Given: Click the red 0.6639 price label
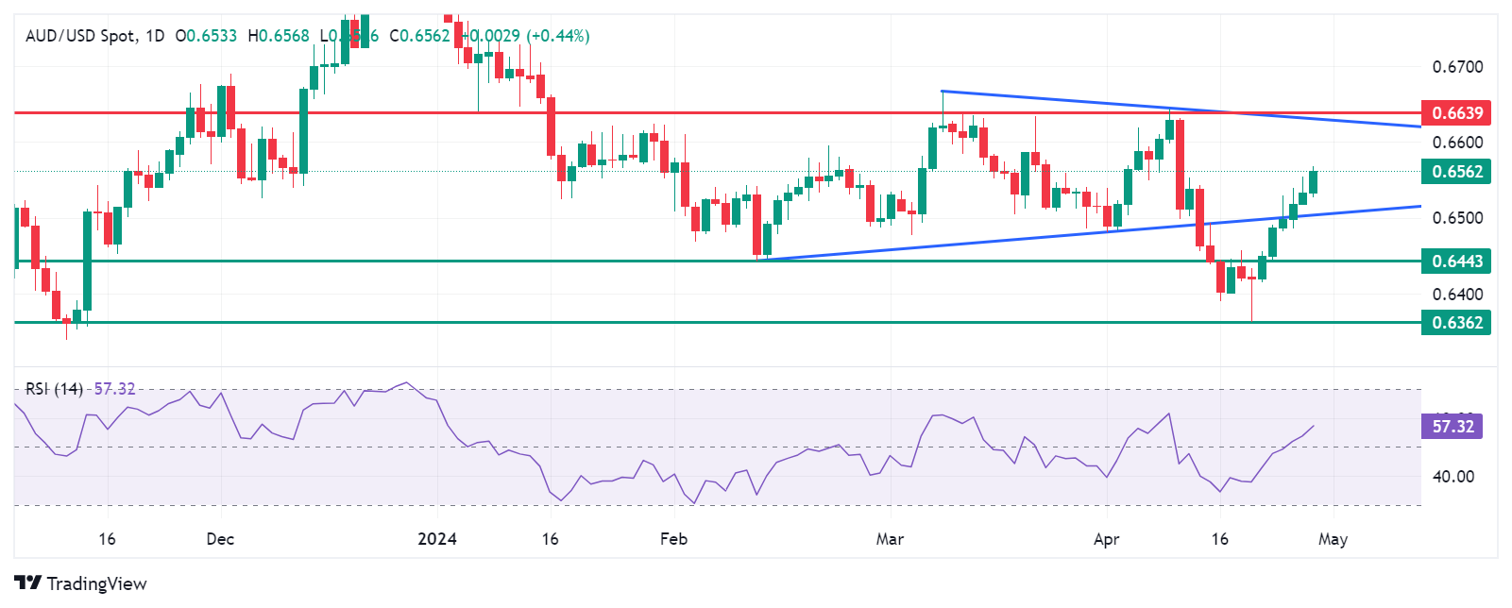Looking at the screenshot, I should [x=1457, y=113].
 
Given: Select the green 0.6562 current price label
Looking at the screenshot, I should [x=1457, y=172].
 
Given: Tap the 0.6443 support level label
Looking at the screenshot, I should [x=1457, y=262].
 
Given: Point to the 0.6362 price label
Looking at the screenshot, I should [x=1457, y=323].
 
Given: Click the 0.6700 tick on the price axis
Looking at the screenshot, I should [x=1457, y=67].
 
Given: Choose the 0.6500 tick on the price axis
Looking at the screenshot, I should [x=1457, y=218].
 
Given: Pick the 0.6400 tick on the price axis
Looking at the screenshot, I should [x=1457, y=295].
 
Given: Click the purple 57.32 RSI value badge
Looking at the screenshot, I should [x=1452, y=427].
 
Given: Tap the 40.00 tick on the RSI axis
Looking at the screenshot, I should [x=1453, y=477].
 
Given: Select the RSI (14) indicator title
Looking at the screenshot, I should [x=54, y=389].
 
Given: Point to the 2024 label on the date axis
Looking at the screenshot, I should [x=437, y=539].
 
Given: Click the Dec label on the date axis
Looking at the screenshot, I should [x=220, y=539].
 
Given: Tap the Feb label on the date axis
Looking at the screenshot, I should [x=673, y=539].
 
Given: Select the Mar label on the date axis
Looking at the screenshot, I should [x=890, y=539].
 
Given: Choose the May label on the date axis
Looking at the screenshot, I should [x=1333, y=539].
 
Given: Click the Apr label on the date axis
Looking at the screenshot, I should [x=1106, y=539].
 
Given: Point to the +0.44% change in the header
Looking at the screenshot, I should [x=559, y=36].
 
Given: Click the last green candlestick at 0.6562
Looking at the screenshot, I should [x=1313, y=182].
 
